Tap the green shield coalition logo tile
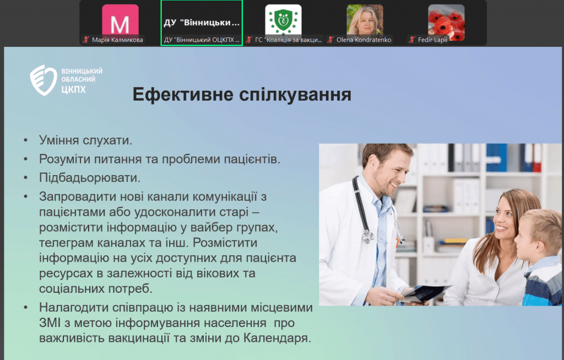tap(284, 20)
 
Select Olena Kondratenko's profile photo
tap(365, 20)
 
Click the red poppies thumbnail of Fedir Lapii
tap(446, 21)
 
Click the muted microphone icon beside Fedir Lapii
tap(412, 40)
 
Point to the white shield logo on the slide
tap(43, 80)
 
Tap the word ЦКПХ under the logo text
tap(73, 90)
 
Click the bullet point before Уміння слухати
tap(25, 140)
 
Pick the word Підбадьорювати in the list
tap(90, 178)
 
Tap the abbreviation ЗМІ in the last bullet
tap(50, 323)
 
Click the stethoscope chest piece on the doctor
tap(368, 236)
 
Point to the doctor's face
tap(388, 172)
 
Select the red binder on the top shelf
tap(537, 157)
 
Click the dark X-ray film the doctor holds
tap(426, 293)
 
